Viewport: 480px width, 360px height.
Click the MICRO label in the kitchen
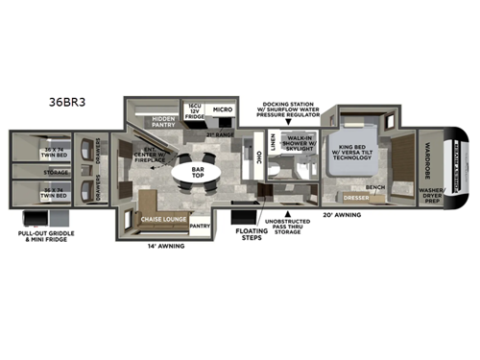[224, 110]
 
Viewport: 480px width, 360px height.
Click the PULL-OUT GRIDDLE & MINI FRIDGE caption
[48, 234]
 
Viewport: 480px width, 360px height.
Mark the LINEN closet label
[271, 146]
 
